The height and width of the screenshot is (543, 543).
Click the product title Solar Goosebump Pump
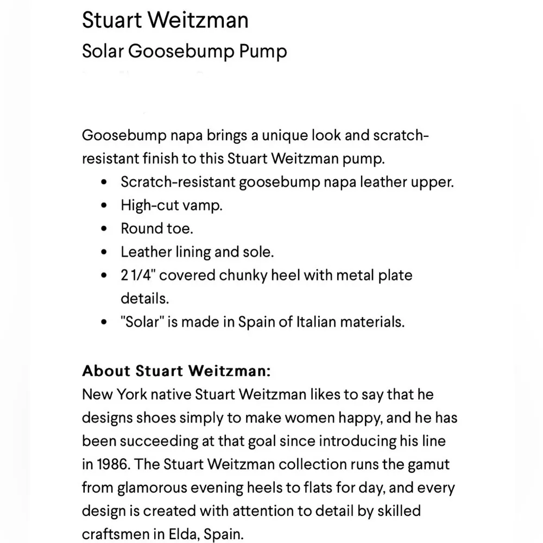pyautogui.click(x=184, y=51)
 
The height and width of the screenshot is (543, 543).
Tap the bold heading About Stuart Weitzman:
pyautogui.click(x=176, y=371)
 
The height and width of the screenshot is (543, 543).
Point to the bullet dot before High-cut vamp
pyautogui.click(x=104, y=206)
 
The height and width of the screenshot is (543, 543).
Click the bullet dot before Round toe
pyautogui.click(x=104, y=229)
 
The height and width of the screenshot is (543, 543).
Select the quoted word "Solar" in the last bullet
pyautogui.click(x=142, y=321)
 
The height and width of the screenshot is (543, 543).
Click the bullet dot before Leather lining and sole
pyautogui.click(x=104, y=252)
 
